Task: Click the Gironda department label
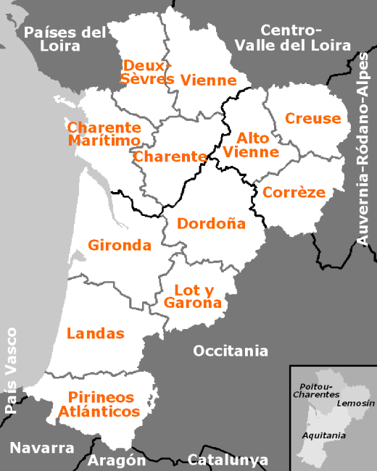pyautogui.click(x=120, y=245)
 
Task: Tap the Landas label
pyautogui.click(x=96, y=333)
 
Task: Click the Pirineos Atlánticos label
pyautogui.click(x=103, y=404)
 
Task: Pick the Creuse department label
pyautogui.click(x=312, y=118)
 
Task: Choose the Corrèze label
pyautogui.click(x=294, y=192)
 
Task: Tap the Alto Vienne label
pyautogui.click(x=251, y=145)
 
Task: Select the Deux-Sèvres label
pyautogui.click(x=147, y=72)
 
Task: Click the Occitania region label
pyautogui.click(x=230, y=351)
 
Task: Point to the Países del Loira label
pyautogui.click(x=65, y=38)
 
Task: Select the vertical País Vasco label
pyautogui.click(x=11, y=370)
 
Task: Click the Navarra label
pyautogui.click(x=42, y=447)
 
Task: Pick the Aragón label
pyautogui.click(x=117, y=460)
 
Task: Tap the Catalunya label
pyautogui.click(x=228, y=459)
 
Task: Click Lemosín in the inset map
pyautogui.click(x=355, y=402)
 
